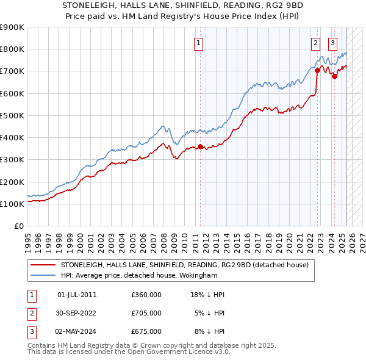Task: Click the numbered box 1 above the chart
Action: [199, 43]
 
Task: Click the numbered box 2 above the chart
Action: [315, 43]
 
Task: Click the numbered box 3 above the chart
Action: [332, 43]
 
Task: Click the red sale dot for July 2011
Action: [200, 146]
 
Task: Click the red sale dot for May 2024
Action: [334, 77]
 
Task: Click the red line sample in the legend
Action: [43, 265]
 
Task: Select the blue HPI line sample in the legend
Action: [43, 276]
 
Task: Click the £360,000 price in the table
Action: [146, 295]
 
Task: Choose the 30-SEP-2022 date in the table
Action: [76, 313]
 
